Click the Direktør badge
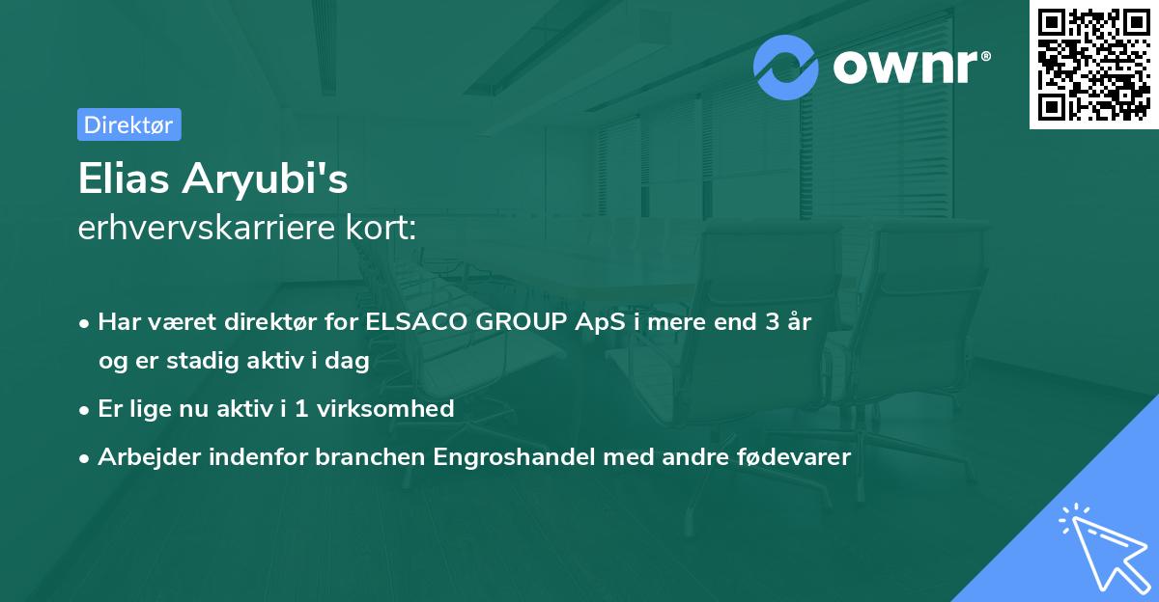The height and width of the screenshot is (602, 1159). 128,124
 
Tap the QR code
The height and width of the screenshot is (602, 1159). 1093,65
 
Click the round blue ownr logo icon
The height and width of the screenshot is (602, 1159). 786,68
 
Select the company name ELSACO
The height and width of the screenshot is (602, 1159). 416,323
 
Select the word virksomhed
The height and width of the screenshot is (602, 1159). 396,409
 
